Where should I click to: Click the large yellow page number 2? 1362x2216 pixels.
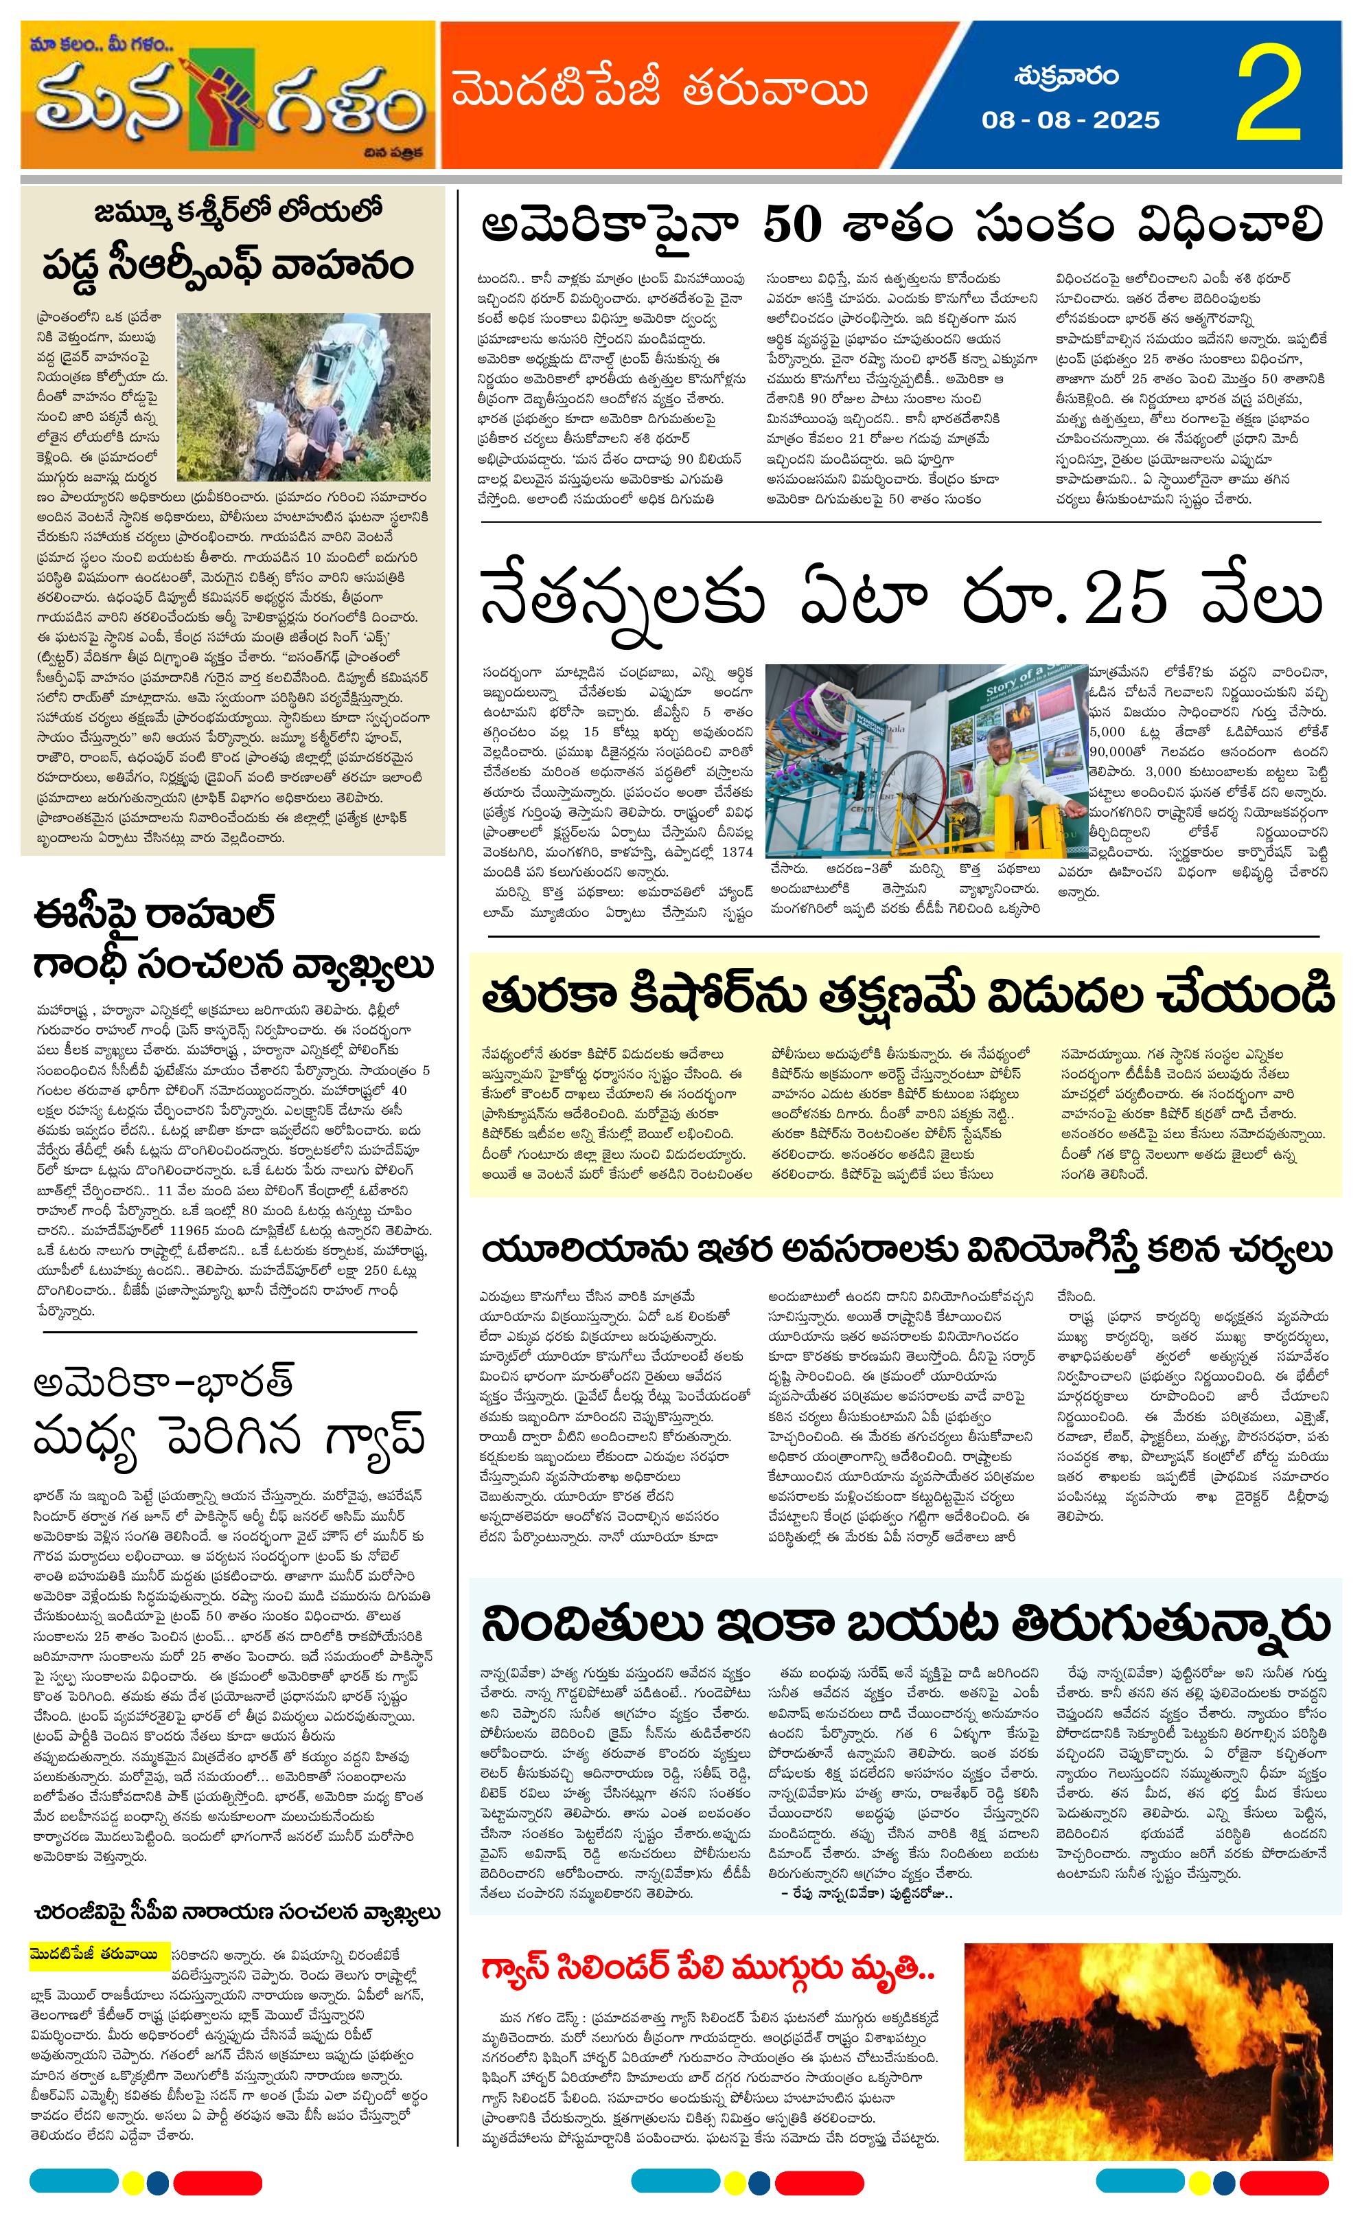coord(1269,95)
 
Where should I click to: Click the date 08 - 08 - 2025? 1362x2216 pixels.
coord(1070,120)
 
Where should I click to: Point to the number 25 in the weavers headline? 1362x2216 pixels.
coord(1125,598)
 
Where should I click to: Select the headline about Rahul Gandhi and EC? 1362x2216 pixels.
coord(233,939)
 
